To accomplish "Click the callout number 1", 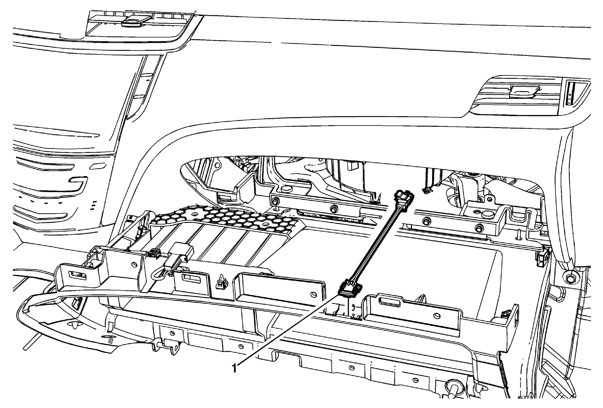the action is [234, 368].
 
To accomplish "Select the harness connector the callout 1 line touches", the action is [350, 295].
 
